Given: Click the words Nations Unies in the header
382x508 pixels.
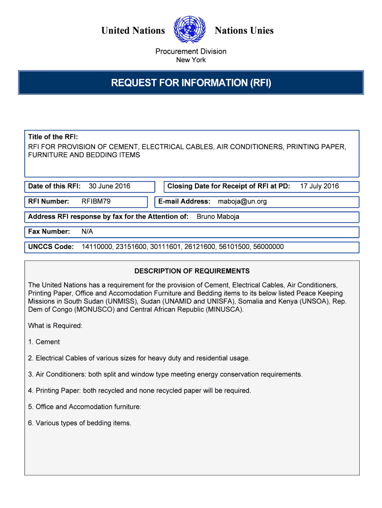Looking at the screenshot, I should [x=244, y=31].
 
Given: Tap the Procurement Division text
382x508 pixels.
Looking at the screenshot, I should [x=191, y=52].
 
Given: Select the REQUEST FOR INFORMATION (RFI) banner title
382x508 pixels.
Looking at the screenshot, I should [x=191, y=83].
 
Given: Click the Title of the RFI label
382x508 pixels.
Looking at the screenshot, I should [x=53, y=137].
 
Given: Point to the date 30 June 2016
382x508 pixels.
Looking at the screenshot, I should [x=109, y=186].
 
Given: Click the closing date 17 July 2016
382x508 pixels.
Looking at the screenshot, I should [x=319, y=186].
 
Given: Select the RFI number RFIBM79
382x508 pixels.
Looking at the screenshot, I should [x=96, y=201].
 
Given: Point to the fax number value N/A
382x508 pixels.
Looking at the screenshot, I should [x=87, y=232].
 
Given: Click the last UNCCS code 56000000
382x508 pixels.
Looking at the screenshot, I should [x=268, y=247].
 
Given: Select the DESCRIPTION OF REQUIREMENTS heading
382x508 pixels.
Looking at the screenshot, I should [x=192, y=271].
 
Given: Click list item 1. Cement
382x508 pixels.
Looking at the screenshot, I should [x=44, y=342].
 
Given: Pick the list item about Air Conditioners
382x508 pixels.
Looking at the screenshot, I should [x=165, y=374].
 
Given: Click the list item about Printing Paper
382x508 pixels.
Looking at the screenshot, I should [x=139, y=390].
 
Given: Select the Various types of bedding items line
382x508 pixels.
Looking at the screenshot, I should [x=80, y=423].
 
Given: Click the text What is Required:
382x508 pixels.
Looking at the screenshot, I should [x=55, y=325].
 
